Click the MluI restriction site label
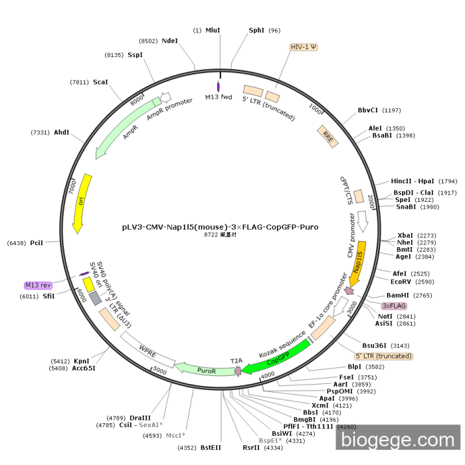tap(213, 31)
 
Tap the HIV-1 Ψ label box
tap(304, 48)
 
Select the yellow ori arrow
tap(81, 202)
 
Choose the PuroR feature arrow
tap(207, 369)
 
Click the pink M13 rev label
tap(38, 285)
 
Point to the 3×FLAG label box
tap(394, 306)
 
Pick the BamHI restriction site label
tap(400, 295)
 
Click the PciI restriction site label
tap(37, 243)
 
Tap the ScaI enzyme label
tap(100, 82)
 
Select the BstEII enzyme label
tap(211, 448)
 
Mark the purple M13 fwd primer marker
tap(219, 87)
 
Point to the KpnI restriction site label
tap(81, 361)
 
